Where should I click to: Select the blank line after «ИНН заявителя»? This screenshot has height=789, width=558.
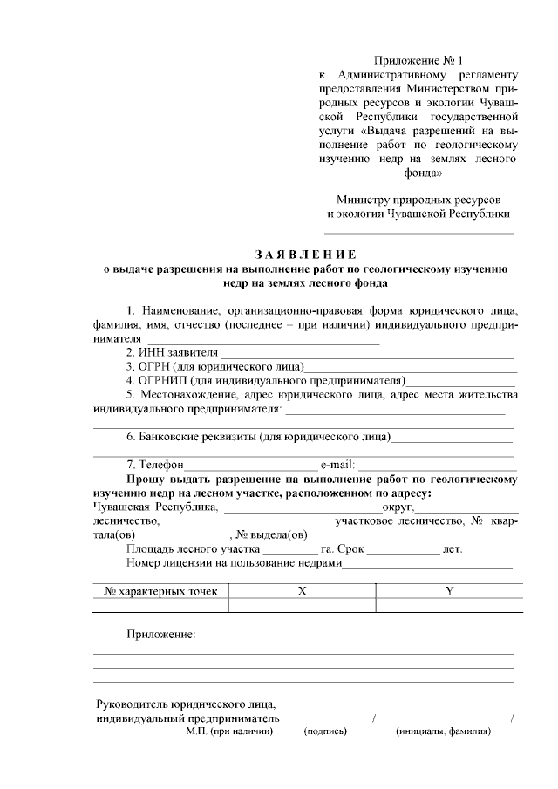[366, 353]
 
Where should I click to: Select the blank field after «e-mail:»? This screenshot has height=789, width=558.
[436, 465]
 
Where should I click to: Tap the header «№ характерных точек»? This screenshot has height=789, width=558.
[160, 591]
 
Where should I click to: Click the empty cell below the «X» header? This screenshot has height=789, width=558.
[303, 605]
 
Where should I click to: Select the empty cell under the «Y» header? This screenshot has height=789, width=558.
[450, 605]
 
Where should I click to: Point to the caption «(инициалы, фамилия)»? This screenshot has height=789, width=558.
[443, 731]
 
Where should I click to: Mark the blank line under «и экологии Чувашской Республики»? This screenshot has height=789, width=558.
[418, 231]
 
